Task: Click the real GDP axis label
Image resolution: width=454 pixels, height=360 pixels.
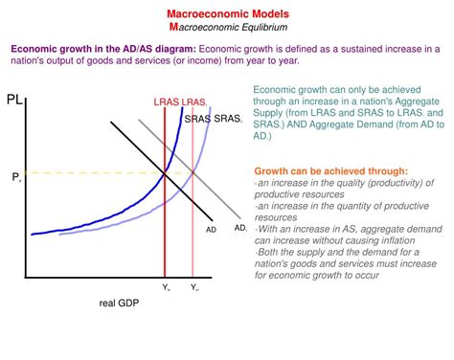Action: pyautogui.click(x=120, y=304)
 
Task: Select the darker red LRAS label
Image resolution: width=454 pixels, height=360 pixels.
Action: pyautogui.click(x=166, y=101)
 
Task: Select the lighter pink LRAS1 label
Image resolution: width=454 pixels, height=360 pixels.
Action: pyautogui.click(x=194, y=101)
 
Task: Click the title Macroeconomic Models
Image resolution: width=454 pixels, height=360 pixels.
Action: pyautogui.click(x=227, y=16)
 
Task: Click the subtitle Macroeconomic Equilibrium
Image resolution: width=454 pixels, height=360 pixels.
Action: pyautogui.click(x=227, y=30)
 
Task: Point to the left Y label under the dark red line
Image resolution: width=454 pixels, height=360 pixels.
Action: pyautogui.click(x=165, y=286)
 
